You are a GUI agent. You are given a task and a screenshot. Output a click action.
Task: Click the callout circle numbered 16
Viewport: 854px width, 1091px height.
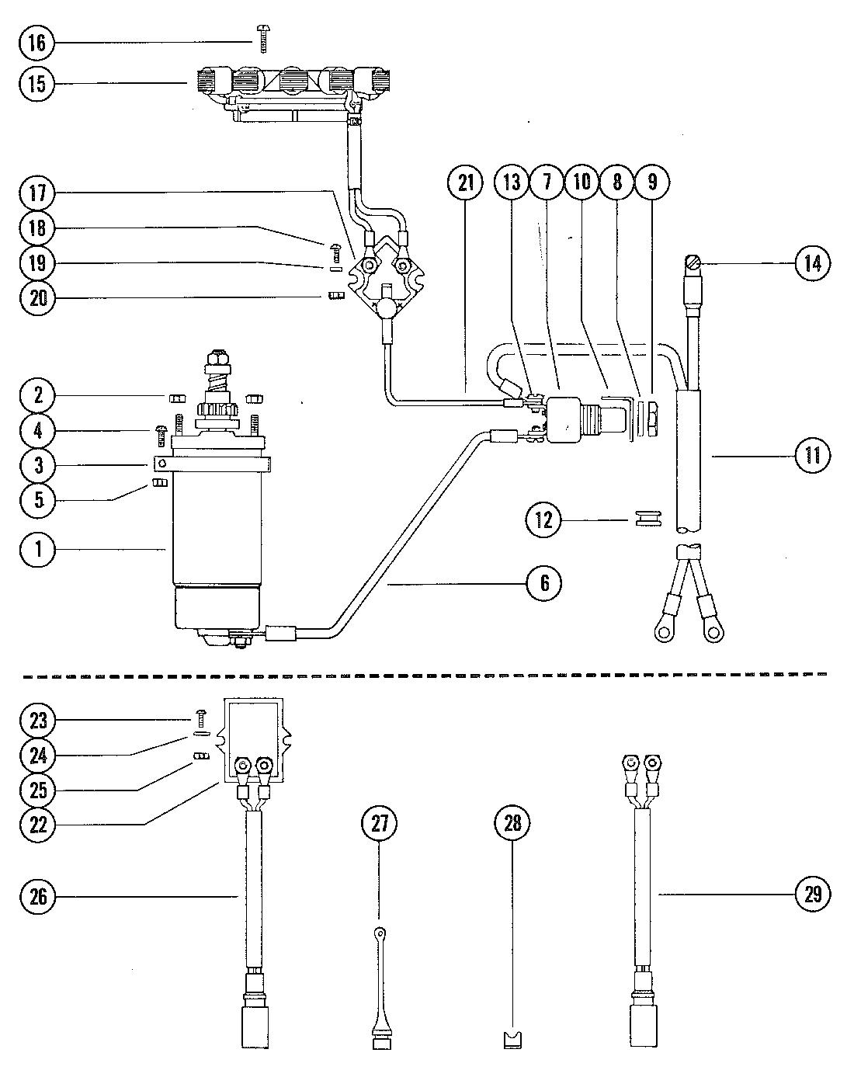click(x=36, y=43)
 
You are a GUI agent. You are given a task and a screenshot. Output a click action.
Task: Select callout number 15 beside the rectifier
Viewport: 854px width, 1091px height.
click(x=36, y=84)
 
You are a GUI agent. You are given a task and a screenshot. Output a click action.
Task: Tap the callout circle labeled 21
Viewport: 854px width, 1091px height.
click(x=465, y=182)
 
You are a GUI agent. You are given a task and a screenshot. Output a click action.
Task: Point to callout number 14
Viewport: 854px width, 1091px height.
click(x=813, y=263)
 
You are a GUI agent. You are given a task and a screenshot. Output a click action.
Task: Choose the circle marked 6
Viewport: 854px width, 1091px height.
click(x=544, y=583)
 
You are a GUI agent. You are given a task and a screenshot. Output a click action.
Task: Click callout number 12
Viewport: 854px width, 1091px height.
click(x=544, y=519)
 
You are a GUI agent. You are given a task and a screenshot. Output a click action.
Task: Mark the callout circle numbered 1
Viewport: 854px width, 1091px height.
click(x=37, y=550)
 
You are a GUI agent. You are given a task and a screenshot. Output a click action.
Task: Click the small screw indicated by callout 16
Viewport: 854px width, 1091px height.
click(x=263, y=39)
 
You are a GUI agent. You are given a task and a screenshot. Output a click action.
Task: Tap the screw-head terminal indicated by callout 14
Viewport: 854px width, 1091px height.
click(x=693, y=263)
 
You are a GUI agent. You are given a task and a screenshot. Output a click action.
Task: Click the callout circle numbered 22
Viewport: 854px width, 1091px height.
click(x=37, y=825)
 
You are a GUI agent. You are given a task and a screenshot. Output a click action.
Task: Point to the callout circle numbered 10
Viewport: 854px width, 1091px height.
click(x=582, y=182)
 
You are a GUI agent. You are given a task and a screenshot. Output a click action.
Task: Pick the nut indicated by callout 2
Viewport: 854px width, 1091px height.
click(x=175, y=399)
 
